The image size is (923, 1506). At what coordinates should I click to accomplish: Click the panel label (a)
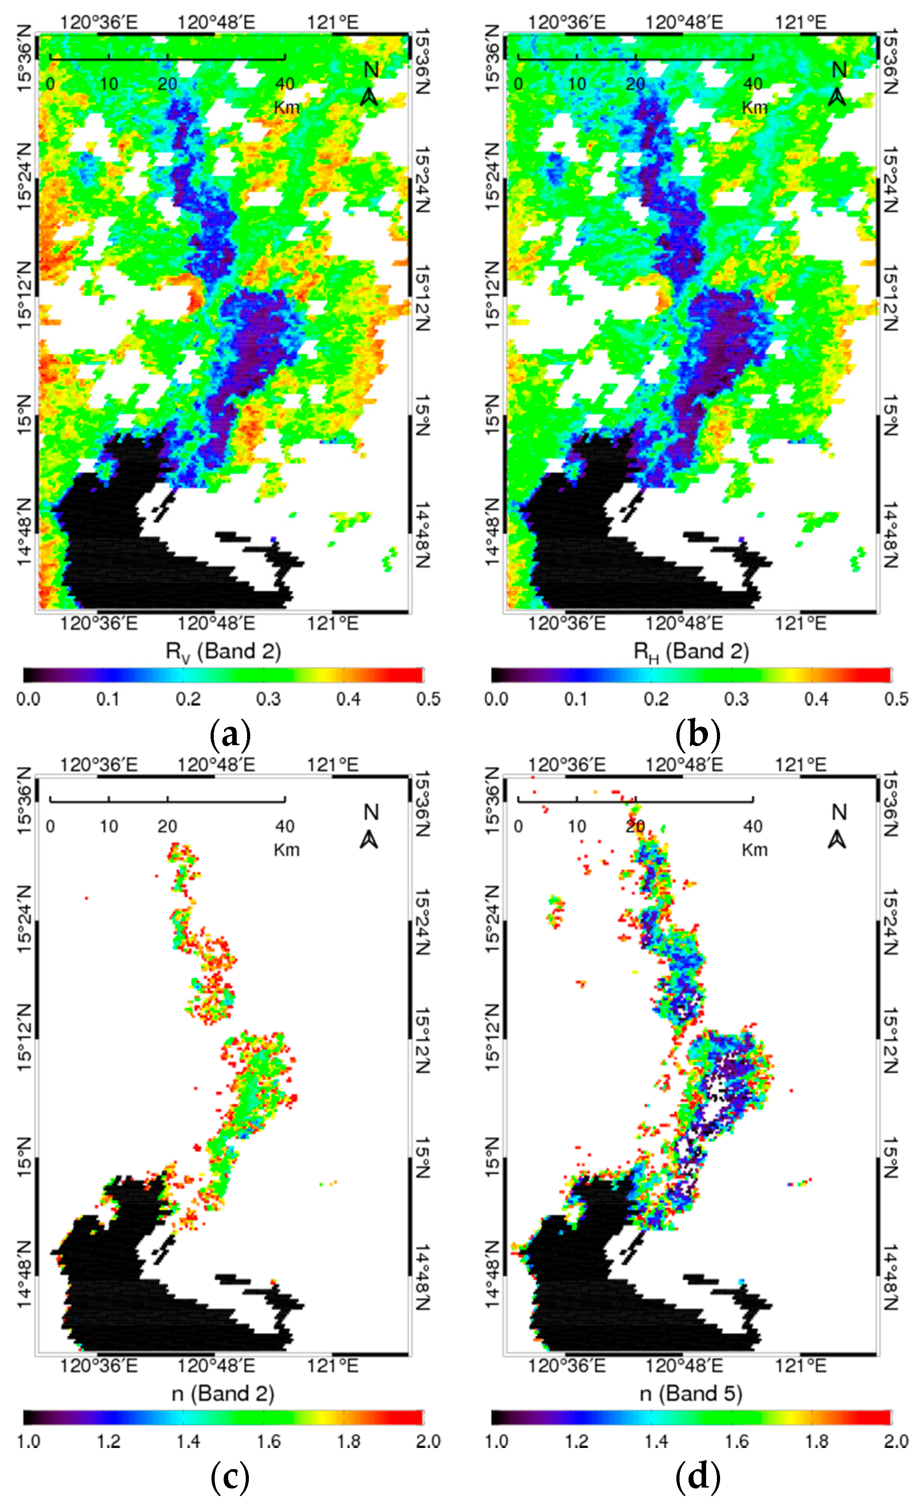point(230,735)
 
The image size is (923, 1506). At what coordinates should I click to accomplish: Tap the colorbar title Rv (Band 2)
point(223,652)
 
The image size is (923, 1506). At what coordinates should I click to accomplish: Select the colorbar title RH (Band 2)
point(691,652)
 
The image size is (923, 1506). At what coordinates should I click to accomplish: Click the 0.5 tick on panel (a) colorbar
point(428,699)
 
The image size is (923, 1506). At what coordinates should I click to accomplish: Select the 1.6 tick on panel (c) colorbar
point(268,1441)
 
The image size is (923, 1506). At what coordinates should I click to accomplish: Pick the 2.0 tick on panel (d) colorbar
point(896,1441)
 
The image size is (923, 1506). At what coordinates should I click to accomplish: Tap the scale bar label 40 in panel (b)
point(752,84)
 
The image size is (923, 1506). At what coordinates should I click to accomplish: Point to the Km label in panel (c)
point(286,850)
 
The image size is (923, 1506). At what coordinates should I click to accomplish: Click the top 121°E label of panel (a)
point(333,22)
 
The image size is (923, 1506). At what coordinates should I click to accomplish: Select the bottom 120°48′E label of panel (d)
point(684,1366)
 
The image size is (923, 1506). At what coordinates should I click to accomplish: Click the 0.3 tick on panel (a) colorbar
point(268,699)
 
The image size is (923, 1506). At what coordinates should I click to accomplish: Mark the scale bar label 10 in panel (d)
point(576,827)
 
